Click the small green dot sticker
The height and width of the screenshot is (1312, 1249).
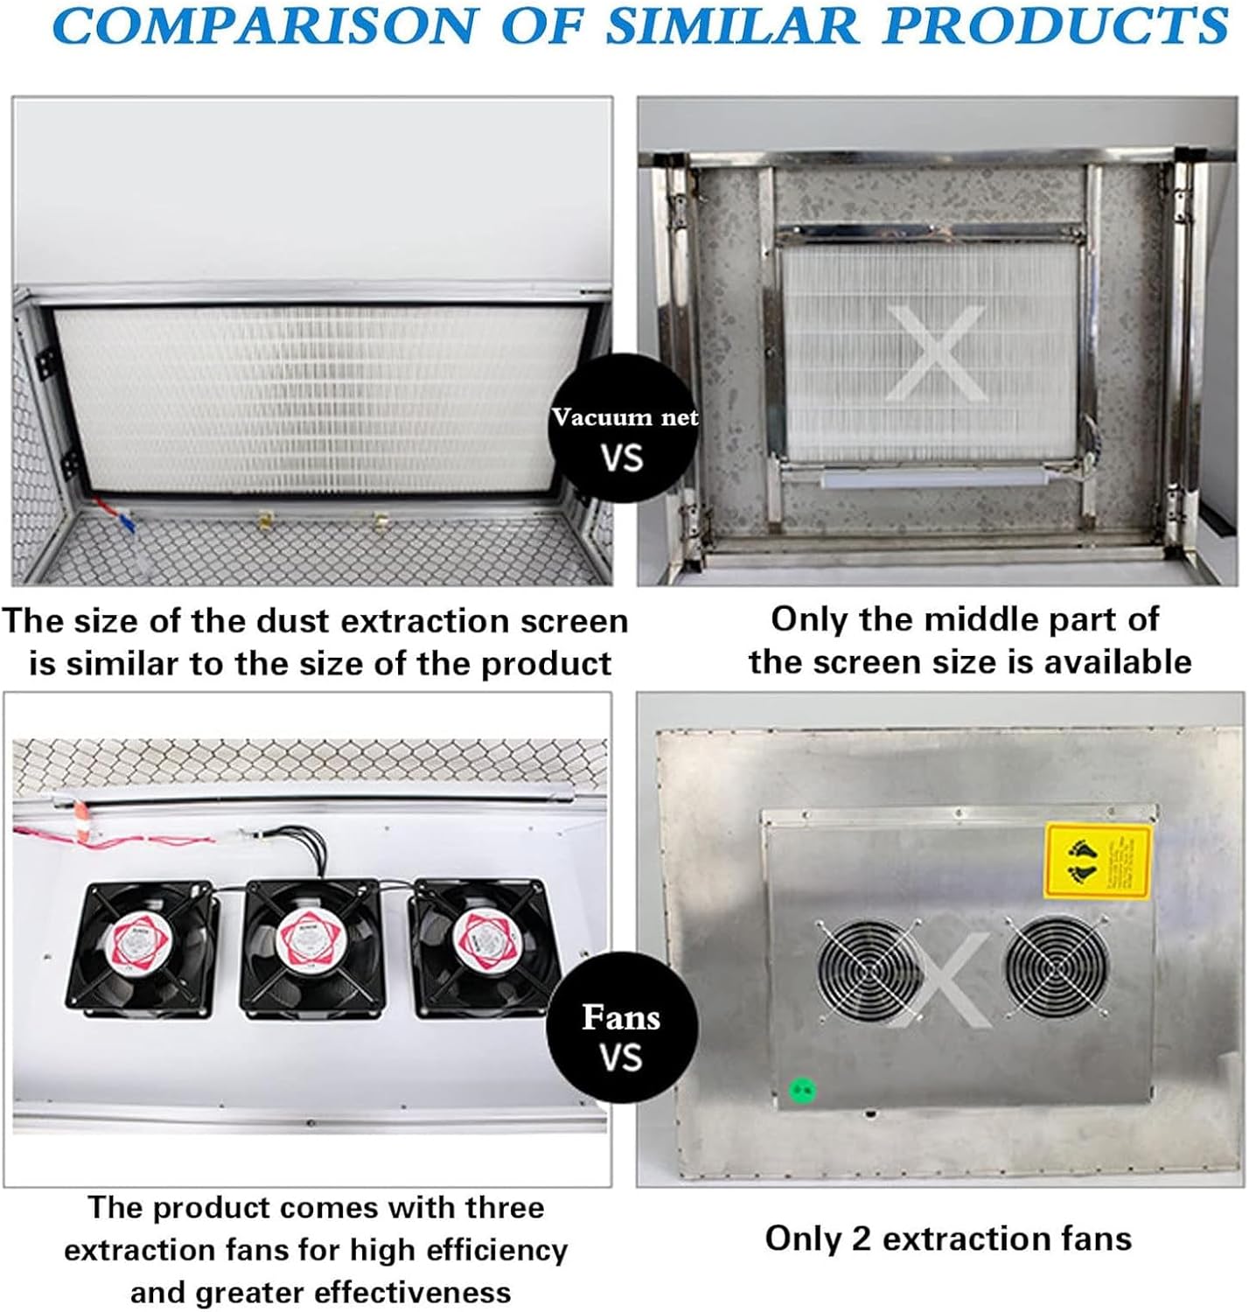pyautogui.click(x=802, y=1090)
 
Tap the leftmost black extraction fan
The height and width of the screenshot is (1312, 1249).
pyautogui.click(x=142, y=948)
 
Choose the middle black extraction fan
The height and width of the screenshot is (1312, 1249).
pyautogui.click(x=313, y=944)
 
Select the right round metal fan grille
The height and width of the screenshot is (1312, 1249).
pyautogui.click(x=1055, y=966)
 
